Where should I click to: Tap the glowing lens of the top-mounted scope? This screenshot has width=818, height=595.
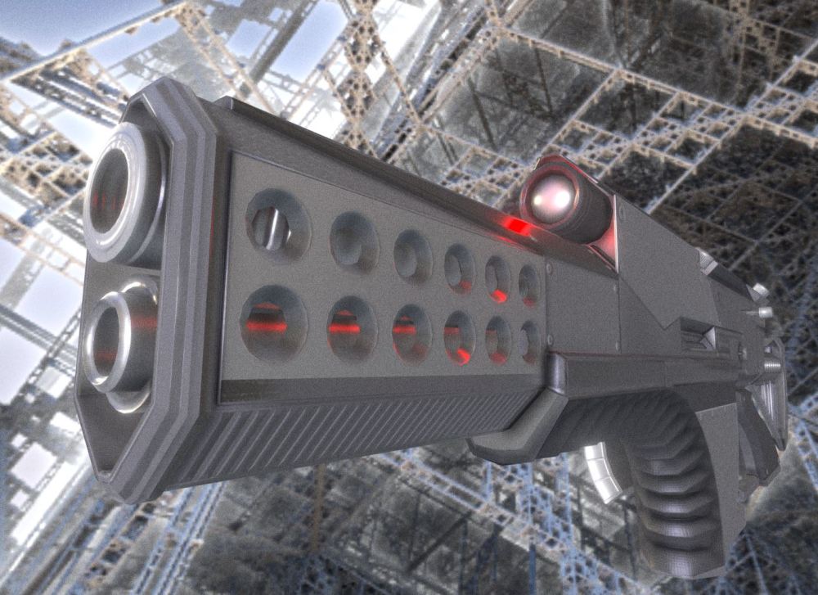(549, 195)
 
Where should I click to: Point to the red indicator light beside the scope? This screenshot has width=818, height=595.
(515, 225)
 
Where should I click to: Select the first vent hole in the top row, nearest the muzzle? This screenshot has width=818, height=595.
(277, 225)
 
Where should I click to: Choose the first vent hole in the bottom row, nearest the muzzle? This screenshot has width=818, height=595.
(273, 322)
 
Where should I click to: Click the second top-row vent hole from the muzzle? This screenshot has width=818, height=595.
(353, 241)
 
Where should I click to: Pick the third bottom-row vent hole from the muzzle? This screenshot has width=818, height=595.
(411, 332)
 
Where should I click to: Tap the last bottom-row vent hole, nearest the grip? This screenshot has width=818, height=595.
(529, 341)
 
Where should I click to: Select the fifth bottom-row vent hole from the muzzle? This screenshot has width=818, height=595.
(497, 339)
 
